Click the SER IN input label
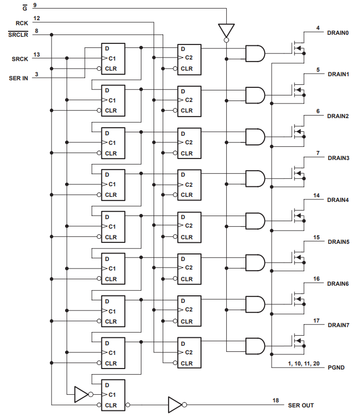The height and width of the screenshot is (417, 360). (x=19, y=78)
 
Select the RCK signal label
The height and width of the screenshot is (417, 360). (x=21, y=23)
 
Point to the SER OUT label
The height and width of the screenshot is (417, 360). (x=301, y=405)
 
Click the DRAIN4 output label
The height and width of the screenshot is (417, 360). (x=338, y=200)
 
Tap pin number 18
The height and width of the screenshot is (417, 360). (x=276, y=400)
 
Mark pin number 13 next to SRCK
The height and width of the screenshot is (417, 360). (x=36, y=54)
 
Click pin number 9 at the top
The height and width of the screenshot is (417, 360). (x=35, y=5)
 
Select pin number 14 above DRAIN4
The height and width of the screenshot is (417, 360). (x=317, y=195)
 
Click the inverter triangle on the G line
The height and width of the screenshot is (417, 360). (x=226, y=30)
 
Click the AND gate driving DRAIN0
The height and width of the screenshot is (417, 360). (x=254, y=53)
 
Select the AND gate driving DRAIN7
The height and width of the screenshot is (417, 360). (x=254, y=346)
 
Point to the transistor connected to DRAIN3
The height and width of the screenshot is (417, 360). (x=298, y=175)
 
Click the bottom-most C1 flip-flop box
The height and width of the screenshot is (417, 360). (x=113, y=394)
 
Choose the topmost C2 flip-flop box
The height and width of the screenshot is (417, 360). (x=189, y=58)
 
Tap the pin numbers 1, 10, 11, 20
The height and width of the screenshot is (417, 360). (x=303, y=363)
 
